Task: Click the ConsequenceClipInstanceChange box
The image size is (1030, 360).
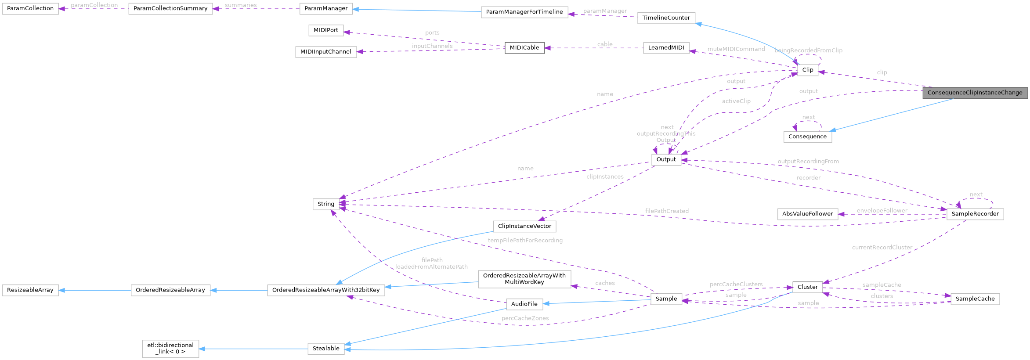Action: coord(975,93)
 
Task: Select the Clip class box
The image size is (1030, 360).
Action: coord(807,70)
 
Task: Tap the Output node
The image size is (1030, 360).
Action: coord(666,159)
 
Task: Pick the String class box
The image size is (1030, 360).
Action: coord(326,204)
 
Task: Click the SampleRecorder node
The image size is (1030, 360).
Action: coord(975,214)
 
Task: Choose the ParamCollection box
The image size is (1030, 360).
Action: coord(30,8)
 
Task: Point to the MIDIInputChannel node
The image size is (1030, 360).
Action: coord(325,52)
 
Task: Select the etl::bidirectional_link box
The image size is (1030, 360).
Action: coord(170,349)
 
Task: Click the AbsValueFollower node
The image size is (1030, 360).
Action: coord(807,214)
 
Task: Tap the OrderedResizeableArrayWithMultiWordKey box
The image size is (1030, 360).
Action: coord(524,279)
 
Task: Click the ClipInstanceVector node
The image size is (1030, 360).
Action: coord(524,226)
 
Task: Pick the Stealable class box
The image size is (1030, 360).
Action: coord(326,349)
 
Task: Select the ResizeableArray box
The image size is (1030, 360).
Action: coord(30,290)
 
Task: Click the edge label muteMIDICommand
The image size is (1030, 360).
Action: coord(736,49)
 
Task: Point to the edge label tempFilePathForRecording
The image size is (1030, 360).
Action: coord(525,241)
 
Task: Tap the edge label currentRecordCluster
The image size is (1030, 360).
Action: coord(882,248)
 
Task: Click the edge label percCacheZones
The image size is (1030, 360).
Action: coord(525,318)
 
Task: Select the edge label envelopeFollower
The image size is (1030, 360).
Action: coord(882,211)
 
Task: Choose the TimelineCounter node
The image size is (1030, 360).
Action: coord(666,18)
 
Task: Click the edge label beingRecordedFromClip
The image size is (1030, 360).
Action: coord(808,50)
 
